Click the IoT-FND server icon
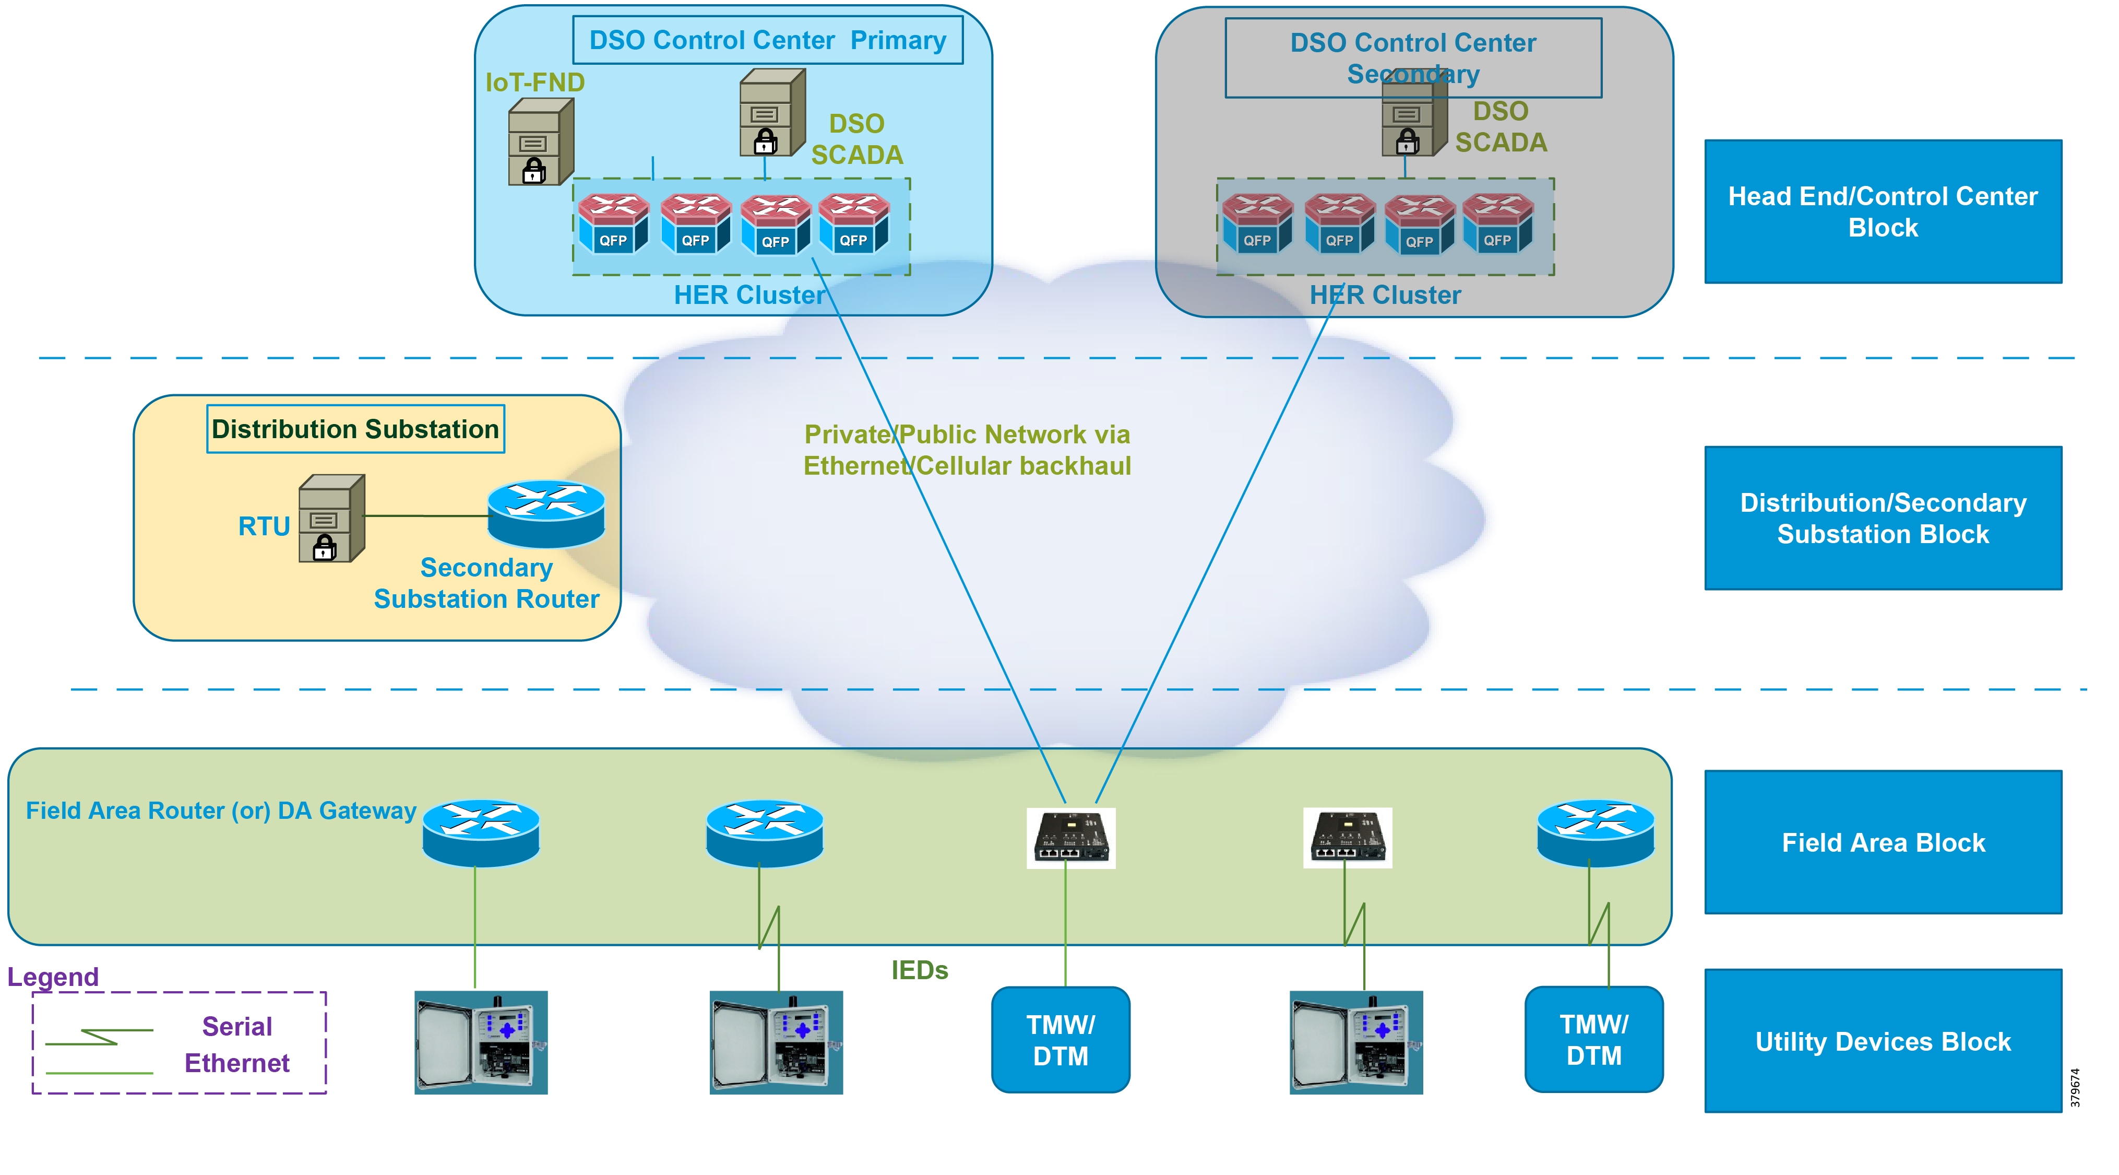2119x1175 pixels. point(540,142)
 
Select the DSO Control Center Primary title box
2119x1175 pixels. point(767,40)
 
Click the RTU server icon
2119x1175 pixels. point(331,519)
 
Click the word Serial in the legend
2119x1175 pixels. point(237,1026)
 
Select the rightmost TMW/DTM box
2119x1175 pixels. point(1593,1039)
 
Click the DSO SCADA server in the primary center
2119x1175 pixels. point(771,113)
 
